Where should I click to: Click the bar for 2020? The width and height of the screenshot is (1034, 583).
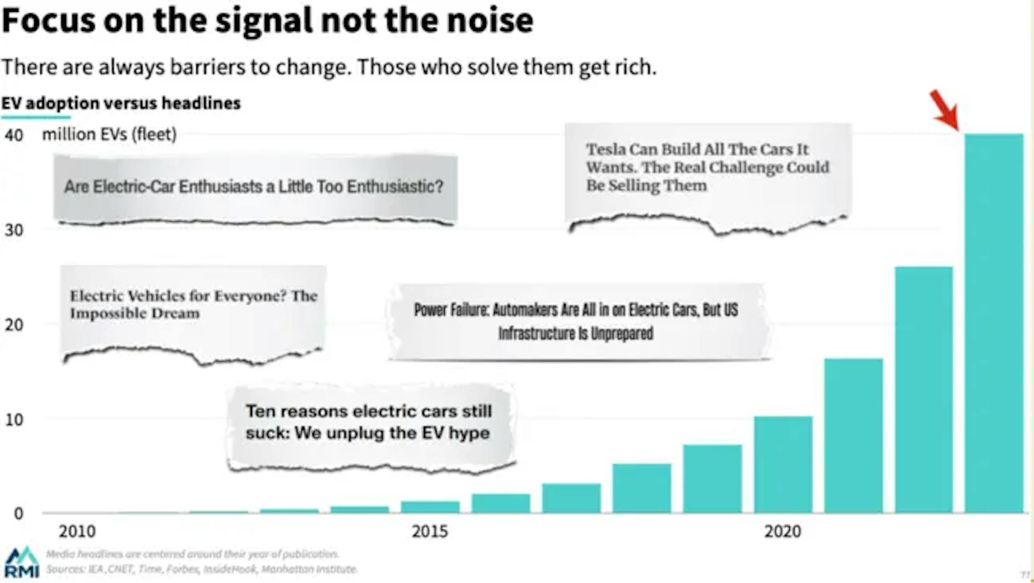point(783,465)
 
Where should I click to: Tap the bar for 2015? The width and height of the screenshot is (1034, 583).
point(430,507)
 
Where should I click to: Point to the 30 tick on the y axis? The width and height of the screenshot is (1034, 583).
point(14,230)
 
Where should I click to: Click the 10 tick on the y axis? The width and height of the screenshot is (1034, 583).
point(14,420)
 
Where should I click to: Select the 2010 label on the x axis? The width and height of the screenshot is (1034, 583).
point(77,531)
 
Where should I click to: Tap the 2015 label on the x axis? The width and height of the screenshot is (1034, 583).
point(430,531)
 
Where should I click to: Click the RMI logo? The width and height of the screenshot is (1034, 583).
point(22,562)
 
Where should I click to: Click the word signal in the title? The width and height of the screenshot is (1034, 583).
point(264,21)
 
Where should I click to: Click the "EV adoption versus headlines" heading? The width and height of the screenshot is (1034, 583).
point(121,103)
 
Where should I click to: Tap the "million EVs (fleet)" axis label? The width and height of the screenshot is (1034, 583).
point(109,134)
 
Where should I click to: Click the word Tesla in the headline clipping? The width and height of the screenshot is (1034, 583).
point(606,149)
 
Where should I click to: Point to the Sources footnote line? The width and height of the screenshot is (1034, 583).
point(202,569)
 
